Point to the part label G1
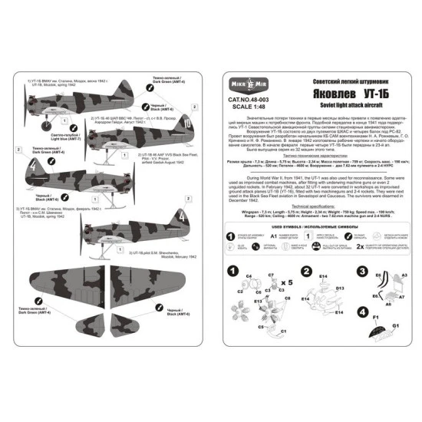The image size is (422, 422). [x=396, y=348]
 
